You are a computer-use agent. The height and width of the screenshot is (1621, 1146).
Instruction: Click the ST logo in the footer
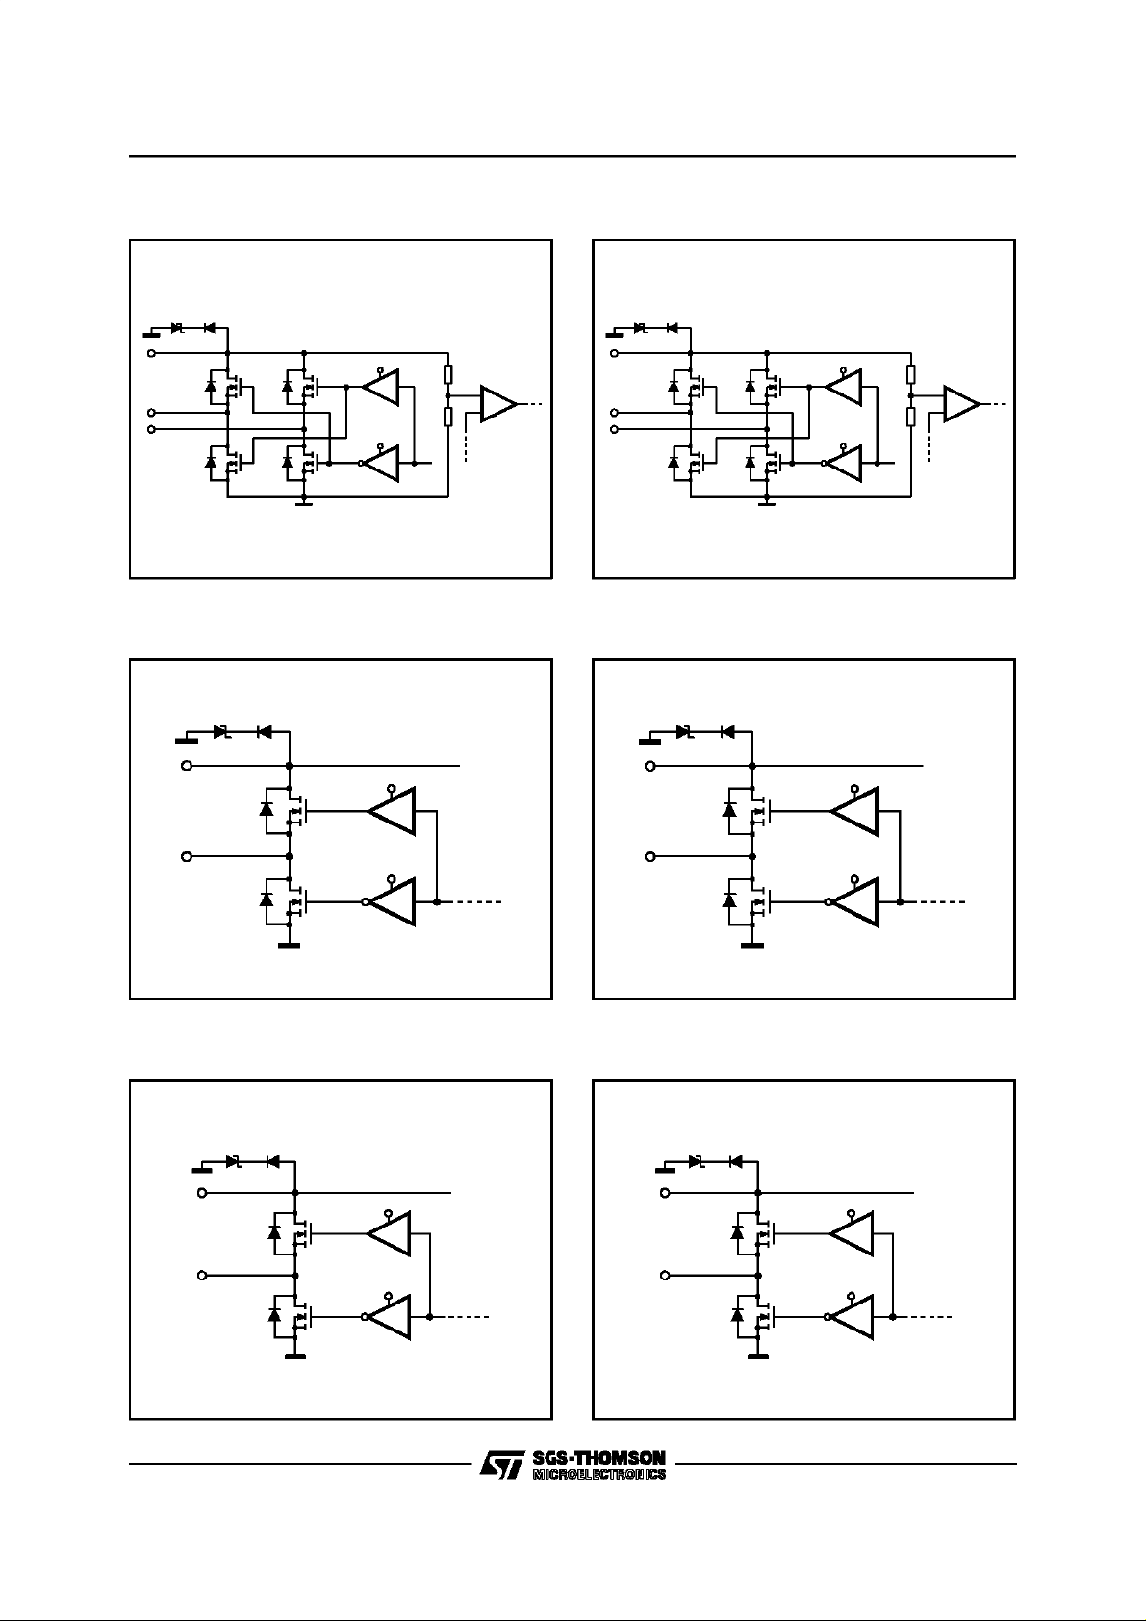tap(500, 1466)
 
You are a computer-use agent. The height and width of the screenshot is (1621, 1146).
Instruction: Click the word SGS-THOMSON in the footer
tap(598, 1458)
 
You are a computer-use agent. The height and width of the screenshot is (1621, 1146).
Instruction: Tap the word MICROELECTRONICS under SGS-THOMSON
tap(598, 1474)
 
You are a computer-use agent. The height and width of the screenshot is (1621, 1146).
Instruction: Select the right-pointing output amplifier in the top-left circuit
tap(497, 405)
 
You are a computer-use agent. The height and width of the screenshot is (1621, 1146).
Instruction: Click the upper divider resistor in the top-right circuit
tap(910, 374)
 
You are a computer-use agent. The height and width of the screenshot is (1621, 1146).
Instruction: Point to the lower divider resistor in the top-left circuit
tap(447, 416)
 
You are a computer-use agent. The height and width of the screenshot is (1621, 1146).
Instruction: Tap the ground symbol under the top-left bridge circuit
tap(303, 502)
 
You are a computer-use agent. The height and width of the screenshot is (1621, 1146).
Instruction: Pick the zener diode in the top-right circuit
tap(640, 328)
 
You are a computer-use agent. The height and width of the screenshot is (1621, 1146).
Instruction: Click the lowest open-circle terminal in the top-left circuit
tap(151, 427)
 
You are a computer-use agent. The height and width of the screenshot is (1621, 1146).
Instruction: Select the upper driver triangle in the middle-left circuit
tap(393, 811)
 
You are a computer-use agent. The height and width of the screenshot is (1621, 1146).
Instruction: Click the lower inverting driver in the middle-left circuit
tap(392, 902)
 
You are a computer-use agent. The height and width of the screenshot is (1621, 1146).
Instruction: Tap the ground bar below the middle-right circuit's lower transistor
tap(751, 946)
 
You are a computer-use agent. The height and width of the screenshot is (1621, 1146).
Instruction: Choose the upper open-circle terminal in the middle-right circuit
tap(650, 766)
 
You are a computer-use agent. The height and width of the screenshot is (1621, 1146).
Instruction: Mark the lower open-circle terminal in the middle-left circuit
tap(187, 856)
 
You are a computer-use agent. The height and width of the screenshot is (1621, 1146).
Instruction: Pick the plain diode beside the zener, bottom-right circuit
tap(736, 1161)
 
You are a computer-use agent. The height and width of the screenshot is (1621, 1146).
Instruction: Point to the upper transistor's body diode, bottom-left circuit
tap(274, 1232)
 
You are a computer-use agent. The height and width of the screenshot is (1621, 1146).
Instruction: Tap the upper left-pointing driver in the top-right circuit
tap(844, 387)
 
